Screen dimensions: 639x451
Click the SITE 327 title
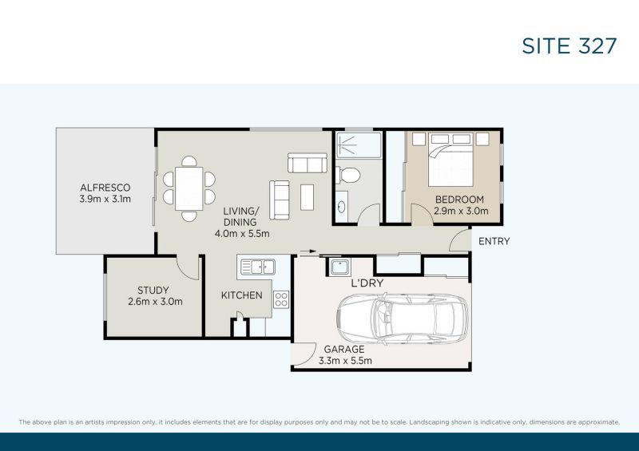click(x=570, y=45)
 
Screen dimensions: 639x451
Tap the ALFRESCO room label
click(x=105, y=188)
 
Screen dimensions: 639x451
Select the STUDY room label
click(x=153, y=291)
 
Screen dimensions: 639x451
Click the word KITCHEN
click(x=242, y=295)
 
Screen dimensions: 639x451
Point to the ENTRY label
click(x=494, y=241)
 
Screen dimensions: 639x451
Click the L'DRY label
click(x=367, y=283)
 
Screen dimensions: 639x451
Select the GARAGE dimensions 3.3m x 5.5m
click(x=345, y=361)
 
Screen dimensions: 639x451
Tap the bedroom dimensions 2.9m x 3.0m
click(x=461, y=211)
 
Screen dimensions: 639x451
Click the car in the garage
click(x=403, y=318)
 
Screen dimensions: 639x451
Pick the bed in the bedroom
click(x=450, y=160)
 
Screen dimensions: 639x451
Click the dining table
click(x=189, y=188)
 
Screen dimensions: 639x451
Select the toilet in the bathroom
click(x=347, y=175)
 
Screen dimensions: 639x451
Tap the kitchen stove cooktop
click(x=281, y=299)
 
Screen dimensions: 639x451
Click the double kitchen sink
click(x=258, y=267)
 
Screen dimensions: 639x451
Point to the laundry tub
click(x=339, y=267)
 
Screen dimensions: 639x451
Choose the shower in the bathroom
click(x=359, y=144)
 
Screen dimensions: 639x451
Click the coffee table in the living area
click(x=308, y=197)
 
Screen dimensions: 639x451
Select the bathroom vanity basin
click(x=342, y=207)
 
